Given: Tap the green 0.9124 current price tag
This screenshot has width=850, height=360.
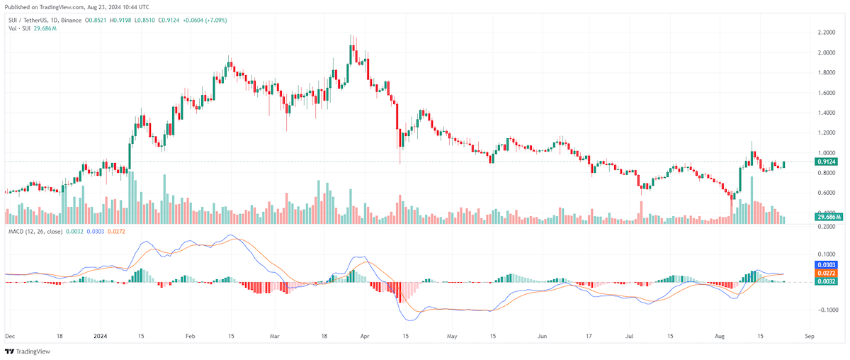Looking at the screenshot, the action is coord(826,162).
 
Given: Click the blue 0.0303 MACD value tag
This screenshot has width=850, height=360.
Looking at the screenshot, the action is coord(826,264).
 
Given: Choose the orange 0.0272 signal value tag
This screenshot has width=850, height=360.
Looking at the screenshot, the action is coord(826,273).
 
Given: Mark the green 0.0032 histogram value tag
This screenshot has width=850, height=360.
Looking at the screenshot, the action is coord(826,281).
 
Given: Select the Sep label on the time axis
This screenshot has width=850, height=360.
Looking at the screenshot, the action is coord(810,336).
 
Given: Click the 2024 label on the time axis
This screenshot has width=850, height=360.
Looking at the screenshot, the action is coord(101,336).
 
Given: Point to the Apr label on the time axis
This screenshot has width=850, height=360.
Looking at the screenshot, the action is coord(365,336).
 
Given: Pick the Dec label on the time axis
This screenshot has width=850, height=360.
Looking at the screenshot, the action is coord(10,336).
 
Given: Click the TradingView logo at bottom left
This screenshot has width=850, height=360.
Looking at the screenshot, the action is coord(28,351).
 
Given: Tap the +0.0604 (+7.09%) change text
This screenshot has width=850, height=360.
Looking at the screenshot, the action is coord(205,20).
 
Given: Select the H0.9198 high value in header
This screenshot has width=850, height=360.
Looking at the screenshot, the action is coord(120,20).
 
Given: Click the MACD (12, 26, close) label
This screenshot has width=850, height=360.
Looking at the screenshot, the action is coord(35,231).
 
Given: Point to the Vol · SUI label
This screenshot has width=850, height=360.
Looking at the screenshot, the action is coord(19,28).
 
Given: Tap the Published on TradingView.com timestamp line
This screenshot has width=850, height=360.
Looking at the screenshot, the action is coord(77,7).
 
